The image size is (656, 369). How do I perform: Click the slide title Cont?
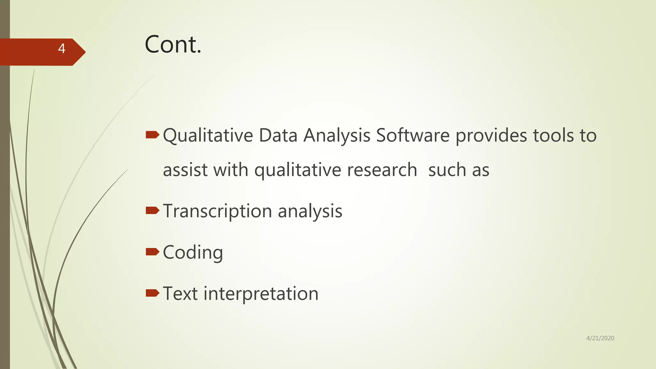173,45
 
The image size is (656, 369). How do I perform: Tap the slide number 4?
61,49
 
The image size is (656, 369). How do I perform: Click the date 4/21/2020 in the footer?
600,338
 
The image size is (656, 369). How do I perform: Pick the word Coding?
193,253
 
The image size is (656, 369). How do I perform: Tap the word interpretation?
261,294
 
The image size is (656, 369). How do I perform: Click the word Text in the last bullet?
180,293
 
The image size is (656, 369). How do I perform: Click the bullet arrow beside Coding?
152,252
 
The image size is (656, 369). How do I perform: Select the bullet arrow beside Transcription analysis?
152,210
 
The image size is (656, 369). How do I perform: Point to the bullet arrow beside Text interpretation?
152,293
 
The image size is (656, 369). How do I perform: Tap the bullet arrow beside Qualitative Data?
152,135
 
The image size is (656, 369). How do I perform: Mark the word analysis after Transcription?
310,211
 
